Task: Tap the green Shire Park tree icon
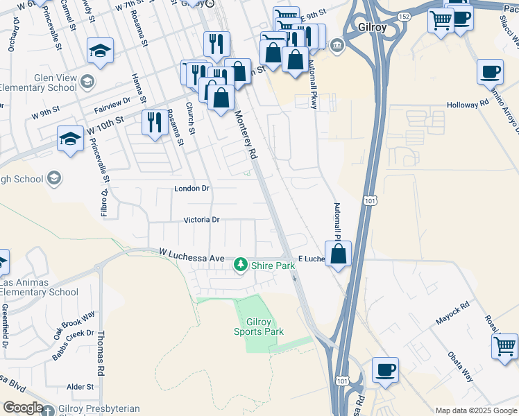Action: (x=241, y=264)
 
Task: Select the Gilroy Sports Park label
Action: (x=265, y=327)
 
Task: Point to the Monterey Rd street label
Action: (x=246, y=136)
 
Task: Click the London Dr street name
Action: (x=192, y=189)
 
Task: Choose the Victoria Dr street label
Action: (x=201, y=220)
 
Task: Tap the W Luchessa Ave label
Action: (x=192, y=257)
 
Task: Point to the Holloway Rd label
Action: (x=467, y=104)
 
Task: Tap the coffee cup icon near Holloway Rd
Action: (x=491, y=71)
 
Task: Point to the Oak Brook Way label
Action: (x=74, y=327)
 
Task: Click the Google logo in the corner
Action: (x=22, y=408)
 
